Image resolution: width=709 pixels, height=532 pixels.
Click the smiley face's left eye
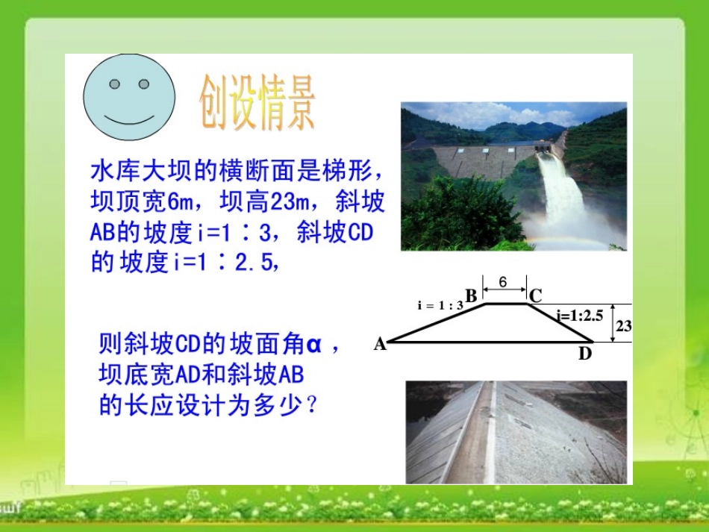click(x=114, y=84)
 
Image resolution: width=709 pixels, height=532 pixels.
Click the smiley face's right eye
click(x=144, y=84)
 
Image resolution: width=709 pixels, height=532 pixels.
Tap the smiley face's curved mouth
click(x=129, y=119)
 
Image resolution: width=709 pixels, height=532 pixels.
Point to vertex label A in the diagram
click(x=380, y=344)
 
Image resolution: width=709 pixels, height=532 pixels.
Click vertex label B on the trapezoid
click(x=471, y=296)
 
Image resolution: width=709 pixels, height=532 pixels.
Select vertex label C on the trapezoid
click(x=535, y=296)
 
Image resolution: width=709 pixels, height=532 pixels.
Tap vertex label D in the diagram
click(x=584, y=354)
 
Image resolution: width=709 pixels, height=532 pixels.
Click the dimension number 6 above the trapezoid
click(x=503, y=282)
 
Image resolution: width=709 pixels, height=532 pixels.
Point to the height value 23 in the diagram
click(x=625, y=326)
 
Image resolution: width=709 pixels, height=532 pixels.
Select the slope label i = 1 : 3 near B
click(x=440, y=304)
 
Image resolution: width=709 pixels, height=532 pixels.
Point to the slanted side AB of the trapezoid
click(x=437, y=323)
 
